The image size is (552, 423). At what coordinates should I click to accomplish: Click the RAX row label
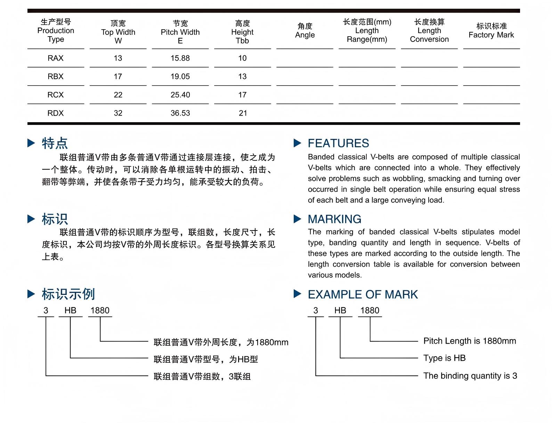(56, 58)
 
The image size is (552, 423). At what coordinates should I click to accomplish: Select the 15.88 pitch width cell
(180, 58)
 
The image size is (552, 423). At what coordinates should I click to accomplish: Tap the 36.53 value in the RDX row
(180, 113)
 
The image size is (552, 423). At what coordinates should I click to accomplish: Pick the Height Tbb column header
(242, 32)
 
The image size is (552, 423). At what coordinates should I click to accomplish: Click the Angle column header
(305, 31)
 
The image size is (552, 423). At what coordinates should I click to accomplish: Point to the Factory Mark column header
(491, 31)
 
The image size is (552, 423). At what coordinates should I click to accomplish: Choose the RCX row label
(56, 95)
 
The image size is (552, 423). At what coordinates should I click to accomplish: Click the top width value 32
(118, 113)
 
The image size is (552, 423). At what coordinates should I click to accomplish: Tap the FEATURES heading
(338, 143)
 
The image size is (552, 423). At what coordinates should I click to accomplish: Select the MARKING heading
(334, 219)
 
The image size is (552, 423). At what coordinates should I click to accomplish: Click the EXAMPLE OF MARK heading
(363, 295)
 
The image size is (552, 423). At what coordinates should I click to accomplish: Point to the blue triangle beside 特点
(31, 143)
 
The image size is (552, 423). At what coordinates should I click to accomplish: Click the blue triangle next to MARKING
(297, 219)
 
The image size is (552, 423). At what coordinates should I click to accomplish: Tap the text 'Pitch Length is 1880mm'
(470, 341)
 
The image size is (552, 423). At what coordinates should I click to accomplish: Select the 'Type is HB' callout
(444, 358)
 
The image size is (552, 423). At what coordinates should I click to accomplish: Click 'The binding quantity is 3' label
(470, 376)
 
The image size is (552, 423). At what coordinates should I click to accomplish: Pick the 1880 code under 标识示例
(100, 311)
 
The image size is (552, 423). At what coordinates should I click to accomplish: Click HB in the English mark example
(340, 311)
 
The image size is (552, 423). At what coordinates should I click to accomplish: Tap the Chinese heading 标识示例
(68, 295)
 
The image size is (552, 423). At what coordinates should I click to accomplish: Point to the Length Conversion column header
(429, 31)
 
